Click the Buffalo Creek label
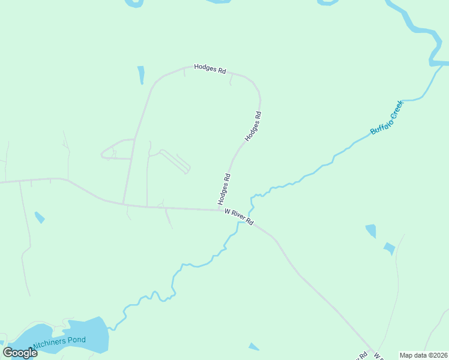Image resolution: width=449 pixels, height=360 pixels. [387, 118]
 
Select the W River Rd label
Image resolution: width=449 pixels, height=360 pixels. [240, 217]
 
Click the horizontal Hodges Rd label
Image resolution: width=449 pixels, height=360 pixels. [209, 70]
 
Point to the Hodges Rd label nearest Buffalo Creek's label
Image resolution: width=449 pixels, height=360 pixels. [253, 127]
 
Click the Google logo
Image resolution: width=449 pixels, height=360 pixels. [20, 353]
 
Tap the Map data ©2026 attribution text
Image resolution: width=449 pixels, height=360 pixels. [423, 355]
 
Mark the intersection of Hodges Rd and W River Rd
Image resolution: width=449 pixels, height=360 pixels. [220, 209]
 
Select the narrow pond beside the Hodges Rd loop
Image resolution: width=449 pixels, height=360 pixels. [141, 75]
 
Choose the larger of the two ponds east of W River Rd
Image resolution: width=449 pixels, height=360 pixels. [371, 231]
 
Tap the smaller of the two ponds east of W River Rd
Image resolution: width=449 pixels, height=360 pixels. [390, 248]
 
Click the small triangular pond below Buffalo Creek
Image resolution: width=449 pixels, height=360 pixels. [254, 347]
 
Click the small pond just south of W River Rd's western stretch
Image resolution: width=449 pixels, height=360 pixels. [40, 217]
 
